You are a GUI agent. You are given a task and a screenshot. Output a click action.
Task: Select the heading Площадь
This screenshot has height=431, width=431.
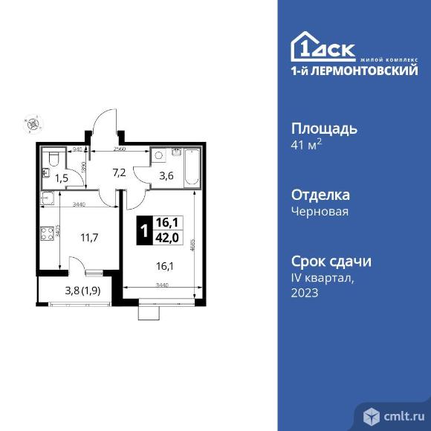click(x=323, y=128)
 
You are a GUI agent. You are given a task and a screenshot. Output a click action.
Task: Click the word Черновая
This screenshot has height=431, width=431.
click(x=320, y=211)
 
